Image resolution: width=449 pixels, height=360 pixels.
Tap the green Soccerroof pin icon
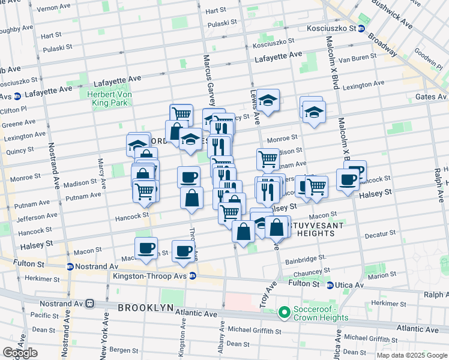click(x=284, y=313)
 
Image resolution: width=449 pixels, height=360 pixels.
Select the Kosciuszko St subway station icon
click(x=361, y=28)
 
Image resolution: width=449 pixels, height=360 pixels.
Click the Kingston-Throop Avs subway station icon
click(x=193, y=276)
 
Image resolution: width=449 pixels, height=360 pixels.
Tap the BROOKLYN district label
click(x=145, y=307)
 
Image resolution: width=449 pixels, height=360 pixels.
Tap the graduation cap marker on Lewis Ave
click(x=268, y=100)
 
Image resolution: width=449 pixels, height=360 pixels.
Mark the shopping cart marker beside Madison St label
click(x=267, y=158)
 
